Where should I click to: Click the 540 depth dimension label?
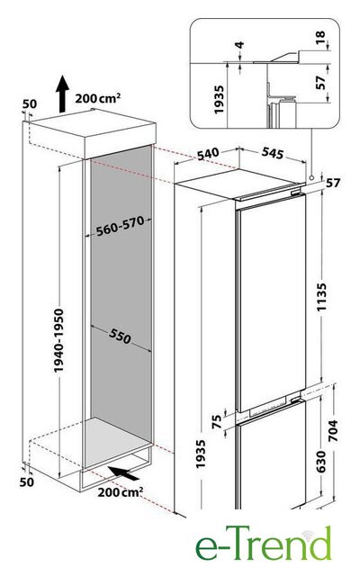point(208,154)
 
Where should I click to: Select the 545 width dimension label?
point(273,153)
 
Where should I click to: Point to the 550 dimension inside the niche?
point(120,336)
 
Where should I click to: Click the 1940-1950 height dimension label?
point(58,340)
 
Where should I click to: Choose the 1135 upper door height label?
point(321,297)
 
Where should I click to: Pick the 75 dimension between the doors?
point(217,421)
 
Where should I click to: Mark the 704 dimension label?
point(332,430)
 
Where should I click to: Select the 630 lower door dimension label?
point(320,462)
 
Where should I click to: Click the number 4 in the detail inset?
point(239,45)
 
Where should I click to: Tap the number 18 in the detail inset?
point(320,37)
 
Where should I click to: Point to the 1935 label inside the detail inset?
point(219,100)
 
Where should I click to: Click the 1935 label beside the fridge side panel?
point(201,454)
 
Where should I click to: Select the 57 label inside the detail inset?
point(320,82)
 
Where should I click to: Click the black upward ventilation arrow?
point(62,94)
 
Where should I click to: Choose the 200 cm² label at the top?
point(98,98)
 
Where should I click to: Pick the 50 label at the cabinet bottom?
point(26,481)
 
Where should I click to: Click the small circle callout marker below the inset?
point(311,177)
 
